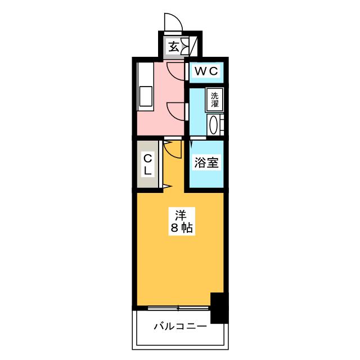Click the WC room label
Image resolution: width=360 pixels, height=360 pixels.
[206, 71]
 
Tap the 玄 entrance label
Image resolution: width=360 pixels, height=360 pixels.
[174, 47]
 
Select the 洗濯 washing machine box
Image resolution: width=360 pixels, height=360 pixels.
[215, 100]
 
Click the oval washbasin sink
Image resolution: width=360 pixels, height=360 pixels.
[213, 125]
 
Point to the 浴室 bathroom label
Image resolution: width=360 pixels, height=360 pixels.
[206, 163]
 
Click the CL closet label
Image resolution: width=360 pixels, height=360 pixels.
[147, 164]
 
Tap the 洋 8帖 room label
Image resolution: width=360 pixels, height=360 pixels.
[182, 221]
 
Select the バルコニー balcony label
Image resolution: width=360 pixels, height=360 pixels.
[180, 326]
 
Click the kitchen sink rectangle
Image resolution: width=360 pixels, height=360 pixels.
[146, 96]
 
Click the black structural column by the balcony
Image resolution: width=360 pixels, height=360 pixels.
[219, 308]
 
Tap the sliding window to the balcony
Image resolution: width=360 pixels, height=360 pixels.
[178, 308]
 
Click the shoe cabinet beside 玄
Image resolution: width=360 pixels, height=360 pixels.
[185, 46]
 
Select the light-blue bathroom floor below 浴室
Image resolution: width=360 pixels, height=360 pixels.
[206, 178]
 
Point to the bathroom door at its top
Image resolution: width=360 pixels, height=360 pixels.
[198, 138]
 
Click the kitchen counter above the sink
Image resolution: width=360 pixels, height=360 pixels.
[145, 74]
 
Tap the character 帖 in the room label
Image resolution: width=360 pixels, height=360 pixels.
[187, 228]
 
